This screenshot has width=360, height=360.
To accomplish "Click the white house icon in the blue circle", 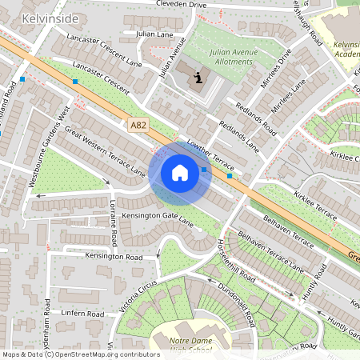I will [180, 173].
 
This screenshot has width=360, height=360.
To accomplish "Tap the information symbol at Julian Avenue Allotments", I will [198, 78].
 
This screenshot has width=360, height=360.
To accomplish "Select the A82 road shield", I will [138, 125].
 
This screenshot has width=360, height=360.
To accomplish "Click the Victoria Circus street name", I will [136, 297].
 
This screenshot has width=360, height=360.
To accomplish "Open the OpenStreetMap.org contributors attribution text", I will [103, 354].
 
